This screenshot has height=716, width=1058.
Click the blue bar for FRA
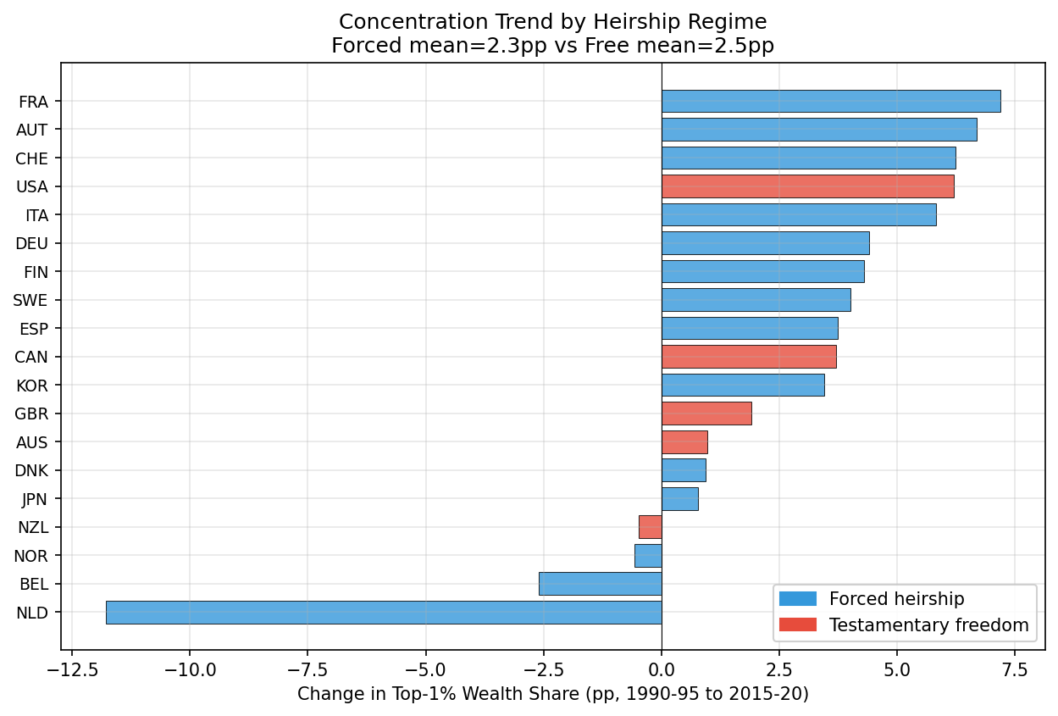830,101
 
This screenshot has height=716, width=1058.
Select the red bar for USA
807,186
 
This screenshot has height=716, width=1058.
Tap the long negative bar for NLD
383,613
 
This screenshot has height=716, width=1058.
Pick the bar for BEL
600,584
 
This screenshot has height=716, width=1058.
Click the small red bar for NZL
650,527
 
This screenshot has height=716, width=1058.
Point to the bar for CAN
749,357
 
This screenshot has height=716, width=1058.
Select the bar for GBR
706,414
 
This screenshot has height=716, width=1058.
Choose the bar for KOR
743,386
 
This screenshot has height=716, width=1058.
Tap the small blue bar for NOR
648,556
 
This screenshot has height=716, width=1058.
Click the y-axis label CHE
32,158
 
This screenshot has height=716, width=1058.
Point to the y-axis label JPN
34,499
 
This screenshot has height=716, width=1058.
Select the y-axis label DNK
32,471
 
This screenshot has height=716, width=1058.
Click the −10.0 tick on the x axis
189,669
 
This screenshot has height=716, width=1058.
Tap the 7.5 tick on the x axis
1014,669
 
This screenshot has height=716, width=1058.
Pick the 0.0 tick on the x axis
662,669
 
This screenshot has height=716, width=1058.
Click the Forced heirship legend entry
896,599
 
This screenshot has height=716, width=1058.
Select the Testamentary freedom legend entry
928,625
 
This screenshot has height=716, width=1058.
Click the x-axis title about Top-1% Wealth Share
552,695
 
